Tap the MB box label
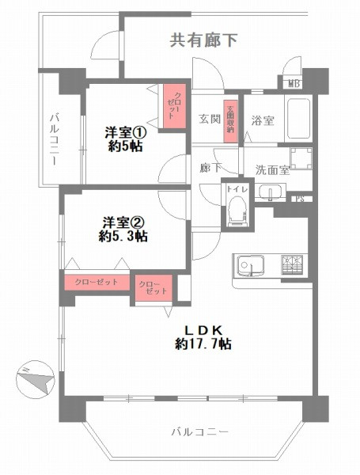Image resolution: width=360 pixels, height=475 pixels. pyautogui.click(x=293, y=82)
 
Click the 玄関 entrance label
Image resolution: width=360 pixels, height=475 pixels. pyautogui.click(x=209, y=120)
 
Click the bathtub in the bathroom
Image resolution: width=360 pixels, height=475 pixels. pyautogui.click(x=299, y=119)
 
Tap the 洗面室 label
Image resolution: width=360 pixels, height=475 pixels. pyautogui.click(x=270, y=169)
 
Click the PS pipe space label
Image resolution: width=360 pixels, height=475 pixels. pyautogui.click(x=300, y=199)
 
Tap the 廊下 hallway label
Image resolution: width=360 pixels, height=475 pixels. pyautogui.click(x=210, y=169)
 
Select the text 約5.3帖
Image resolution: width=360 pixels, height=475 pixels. pyautogui.click(x=122, y=236)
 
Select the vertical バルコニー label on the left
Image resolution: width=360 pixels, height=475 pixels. pyautogui.click(x=53, y=139)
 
